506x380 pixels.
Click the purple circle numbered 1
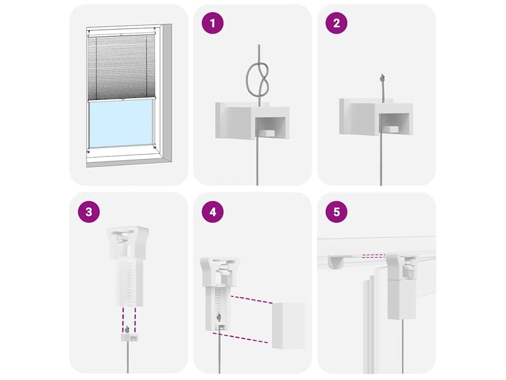tap(213, 23)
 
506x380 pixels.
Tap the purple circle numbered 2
tap(336, 23)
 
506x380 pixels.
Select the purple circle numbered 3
tap(89, 212)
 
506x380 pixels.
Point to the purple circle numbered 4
tap(213, 212)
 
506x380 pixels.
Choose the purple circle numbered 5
tap(336, 212)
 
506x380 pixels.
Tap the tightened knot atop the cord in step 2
tap(383, 77)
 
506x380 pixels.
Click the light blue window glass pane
tap(121, 123)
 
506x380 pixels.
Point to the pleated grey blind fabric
tap(121, 68)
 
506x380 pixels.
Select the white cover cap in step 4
tap(288, 326)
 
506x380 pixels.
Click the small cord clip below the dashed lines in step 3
tap(128, 338)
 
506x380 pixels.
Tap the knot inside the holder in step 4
tap(219, 317)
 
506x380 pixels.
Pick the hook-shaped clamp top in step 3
tap(128, 243)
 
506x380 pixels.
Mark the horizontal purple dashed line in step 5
tap(374, 256)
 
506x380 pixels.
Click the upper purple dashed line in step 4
tap(251, 300)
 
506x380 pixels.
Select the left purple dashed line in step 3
tap(123, 320)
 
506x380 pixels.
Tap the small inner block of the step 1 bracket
tap(266, 133)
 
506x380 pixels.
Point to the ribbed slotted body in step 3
tap(130, 282)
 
